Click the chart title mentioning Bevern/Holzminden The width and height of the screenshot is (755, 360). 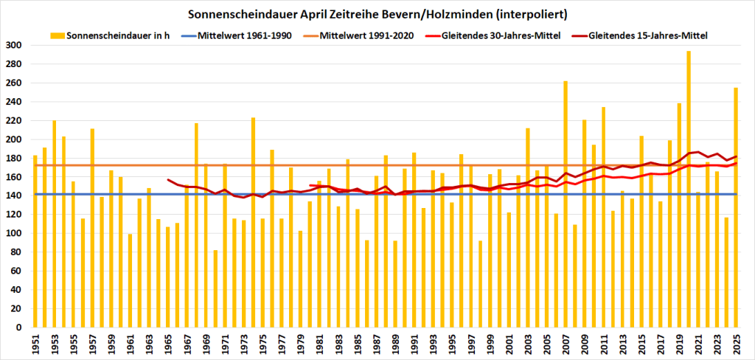coord(377,14)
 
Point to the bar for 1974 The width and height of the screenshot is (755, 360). coord(253,222)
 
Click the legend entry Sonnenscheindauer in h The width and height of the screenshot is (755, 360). coord(111,35)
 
